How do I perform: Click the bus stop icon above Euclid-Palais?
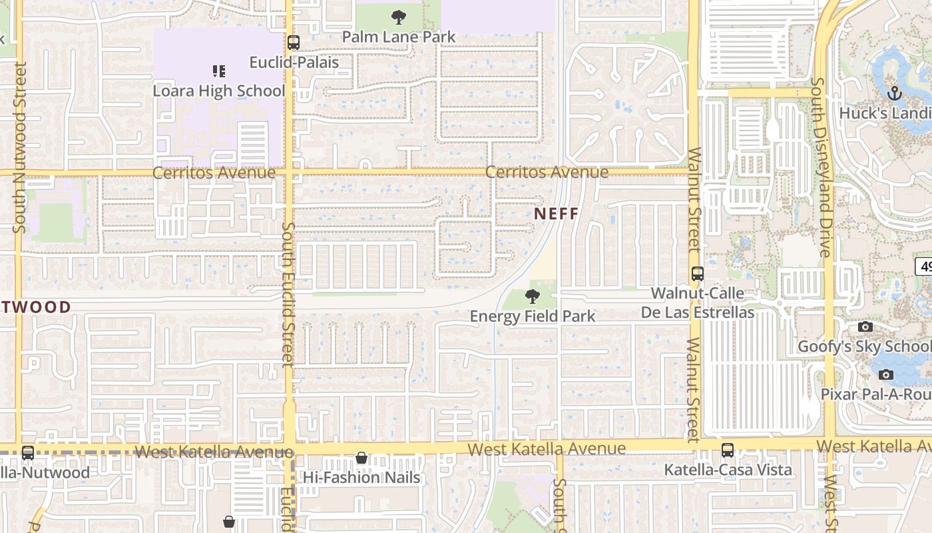[x=293, y=43]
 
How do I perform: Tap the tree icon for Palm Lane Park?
[x=399, y=17]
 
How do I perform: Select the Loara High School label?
[x=219, y=91]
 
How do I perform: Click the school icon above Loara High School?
[x=219, y=71]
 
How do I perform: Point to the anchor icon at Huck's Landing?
[x=895, y=93]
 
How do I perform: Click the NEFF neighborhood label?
[x=556, y=213]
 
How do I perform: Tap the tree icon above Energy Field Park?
[x=532, y=296]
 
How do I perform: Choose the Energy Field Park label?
[x=533, y=316]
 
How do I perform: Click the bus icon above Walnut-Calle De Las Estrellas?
[x=698, y=273]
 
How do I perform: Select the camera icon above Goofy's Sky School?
[x=865, y=326]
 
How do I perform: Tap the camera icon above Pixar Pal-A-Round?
[x=885, y=374]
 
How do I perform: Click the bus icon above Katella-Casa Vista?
[x=728, y=450]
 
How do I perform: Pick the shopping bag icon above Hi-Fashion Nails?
[x=361, y=458]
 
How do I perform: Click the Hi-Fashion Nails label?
[x=361, y=477]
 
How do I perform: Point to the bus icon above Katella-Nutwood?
[x=28, y=453]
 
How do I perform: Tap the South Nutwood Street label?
[x=21, y=147]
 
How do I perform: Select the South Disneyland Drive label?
[x=822, y=167]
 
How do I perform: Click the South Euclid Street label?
[x=288, y=294]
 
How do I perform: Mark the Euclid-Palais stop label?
[x=294, y=63]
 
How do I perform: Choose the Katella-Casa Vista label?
[x=728, y=470]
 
